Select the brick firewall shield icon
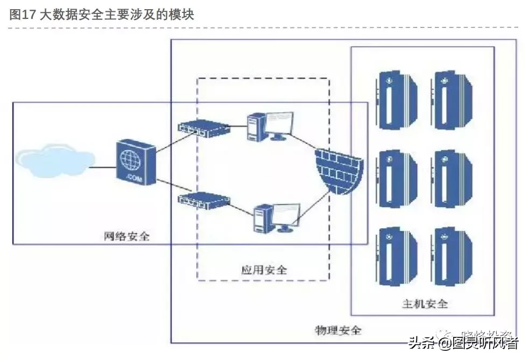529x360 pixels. pos(338,170)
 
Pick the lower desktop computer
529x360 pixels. pos(275,217)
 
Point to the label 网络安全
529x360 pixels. pos(126,236)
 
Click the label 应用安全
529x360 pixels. pos(264,269)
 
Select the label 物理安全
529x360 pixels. pos(338,329)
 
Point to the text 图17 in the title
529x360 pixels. pos(22,15)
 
